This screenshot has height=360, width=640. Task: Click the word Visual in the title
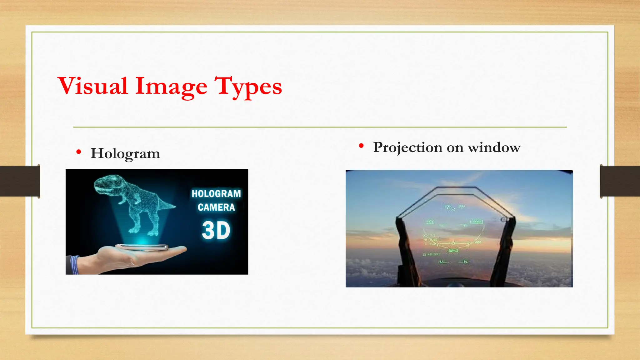[93, 86]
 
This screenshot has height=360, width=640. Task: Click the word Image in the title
[171, 86]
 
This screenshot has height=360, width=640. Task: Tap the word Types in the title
[248, 86]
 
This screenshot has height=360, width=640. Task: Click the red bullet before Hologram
[79, 152]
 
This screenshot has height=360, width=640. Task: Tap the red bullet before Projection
[361, 146]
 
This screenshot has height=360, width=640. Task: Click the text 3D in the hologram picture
[216, 231]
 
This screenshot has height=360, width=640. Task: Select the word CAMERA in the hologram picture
[216, 207]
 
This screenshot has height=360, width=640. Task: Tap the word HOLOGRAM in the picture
[216, 194]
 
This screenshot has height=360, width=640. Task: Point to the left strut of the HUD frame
[406, 247]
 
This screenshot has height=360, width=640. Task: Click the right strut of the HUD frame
[504, 247]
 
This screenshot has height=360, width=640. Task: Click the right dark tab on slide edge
[620, 181]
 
